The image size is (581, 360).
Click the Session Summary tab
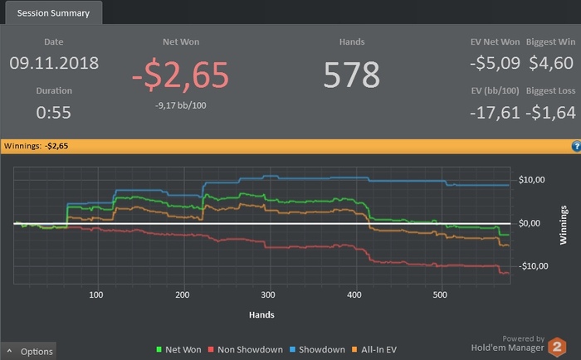click(x=53, y=12)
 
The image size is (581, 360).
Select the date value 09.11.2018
click(x=54, y=62)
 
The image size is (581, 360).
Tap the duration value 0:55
click(x=54, y=112)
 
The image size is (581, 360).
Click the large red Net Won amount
click(x=180, y=74)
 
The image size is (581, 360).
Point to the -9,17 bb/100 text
click(x=180, y=105)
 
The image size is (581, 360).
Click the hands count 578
click(x=352, y=74)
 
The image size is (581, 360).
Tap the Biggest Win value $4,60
click(x=551, y=62)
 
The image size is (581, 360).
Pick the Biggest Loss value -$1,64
click(x=551, y=112)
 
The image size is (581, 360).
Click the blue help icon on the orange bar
click(x=576, y=146)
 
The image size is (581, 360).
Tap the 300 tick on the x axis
click(x=267, y=294)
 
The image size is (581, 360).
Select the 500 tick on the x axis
click(x=440, y=294)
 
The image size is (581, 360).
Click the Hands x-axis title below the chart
click(x=261, y=315)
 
